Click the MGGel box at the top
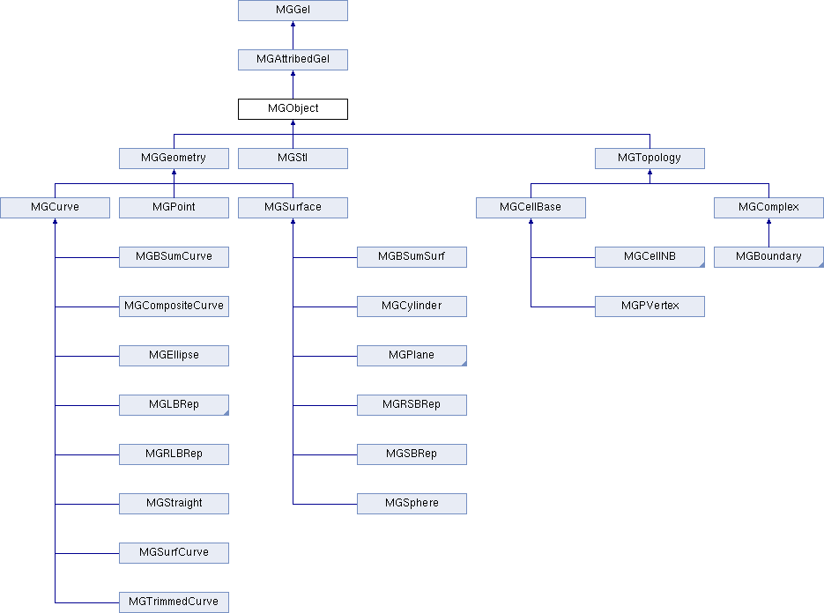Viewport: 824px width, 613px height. coord(293,11)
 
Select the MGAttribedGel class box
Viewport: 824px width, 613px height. coord(293,60)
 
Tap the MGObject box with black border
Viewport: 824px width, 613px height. coord(293,109)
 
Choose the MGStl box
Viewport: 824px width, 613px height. coord(293,159)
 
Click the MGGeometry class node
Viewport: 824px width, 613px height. coord(174,159)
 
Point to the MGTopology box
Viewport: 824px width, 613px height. coord(650,159)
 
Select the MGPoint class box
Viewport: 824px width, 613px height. coord(174,208)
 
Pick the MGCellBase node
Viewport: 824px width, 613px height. coord(531,208)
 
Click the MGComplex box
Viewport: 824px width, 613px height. coord(768,208)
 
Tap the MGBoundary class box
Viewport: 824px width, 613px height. coord(768,257)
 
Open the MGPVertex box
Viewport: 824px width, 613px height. coord(650,306)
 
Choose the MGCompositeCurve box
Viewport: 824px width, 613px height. coord(174,306)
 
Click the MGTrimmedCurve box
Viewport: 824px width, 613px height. coord(174,602)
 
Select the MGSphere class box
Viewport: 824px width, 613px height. coord(412,504)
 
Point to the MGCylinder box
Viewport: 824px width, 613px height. coord(412,306)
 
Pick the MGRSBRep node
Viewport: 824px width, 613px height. coord(412,405)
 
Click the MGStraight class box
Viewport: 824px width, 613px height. coord(174,504)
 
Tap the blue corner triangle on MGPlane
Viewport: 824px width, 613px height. coord(463,363)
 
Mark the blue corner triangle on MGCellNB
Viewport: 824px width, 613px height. coord(701,264)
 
